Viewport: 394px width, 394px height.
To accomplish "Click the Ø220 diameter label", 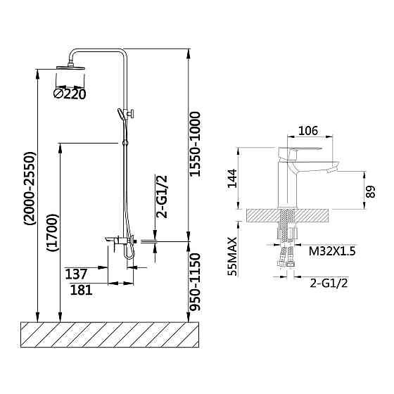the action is (70, 94).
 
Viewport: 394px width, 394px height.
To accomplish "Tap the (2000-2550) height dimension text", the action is (30, 189).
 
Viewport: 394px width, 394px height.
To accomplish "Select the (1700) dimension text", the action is (53, 233).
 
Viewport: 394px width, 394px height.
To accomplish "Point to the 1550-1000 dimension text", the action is (195, 144).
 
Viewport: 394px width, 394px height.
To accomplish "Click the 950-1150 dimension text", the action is (195, 282).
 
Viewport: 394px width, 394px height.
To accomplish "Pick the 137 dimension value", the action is (76, 274).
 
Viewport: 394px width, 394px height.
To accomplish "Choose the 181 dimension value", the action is (81, 290).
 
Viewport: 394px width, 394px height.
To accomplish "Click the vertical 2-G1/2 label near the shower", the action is (162, 197).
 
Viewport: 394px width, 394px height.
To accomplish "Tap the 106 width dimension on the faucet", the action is (308, 131).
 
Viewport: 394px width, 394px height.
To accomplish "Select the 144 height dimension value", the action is (232, 179).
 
